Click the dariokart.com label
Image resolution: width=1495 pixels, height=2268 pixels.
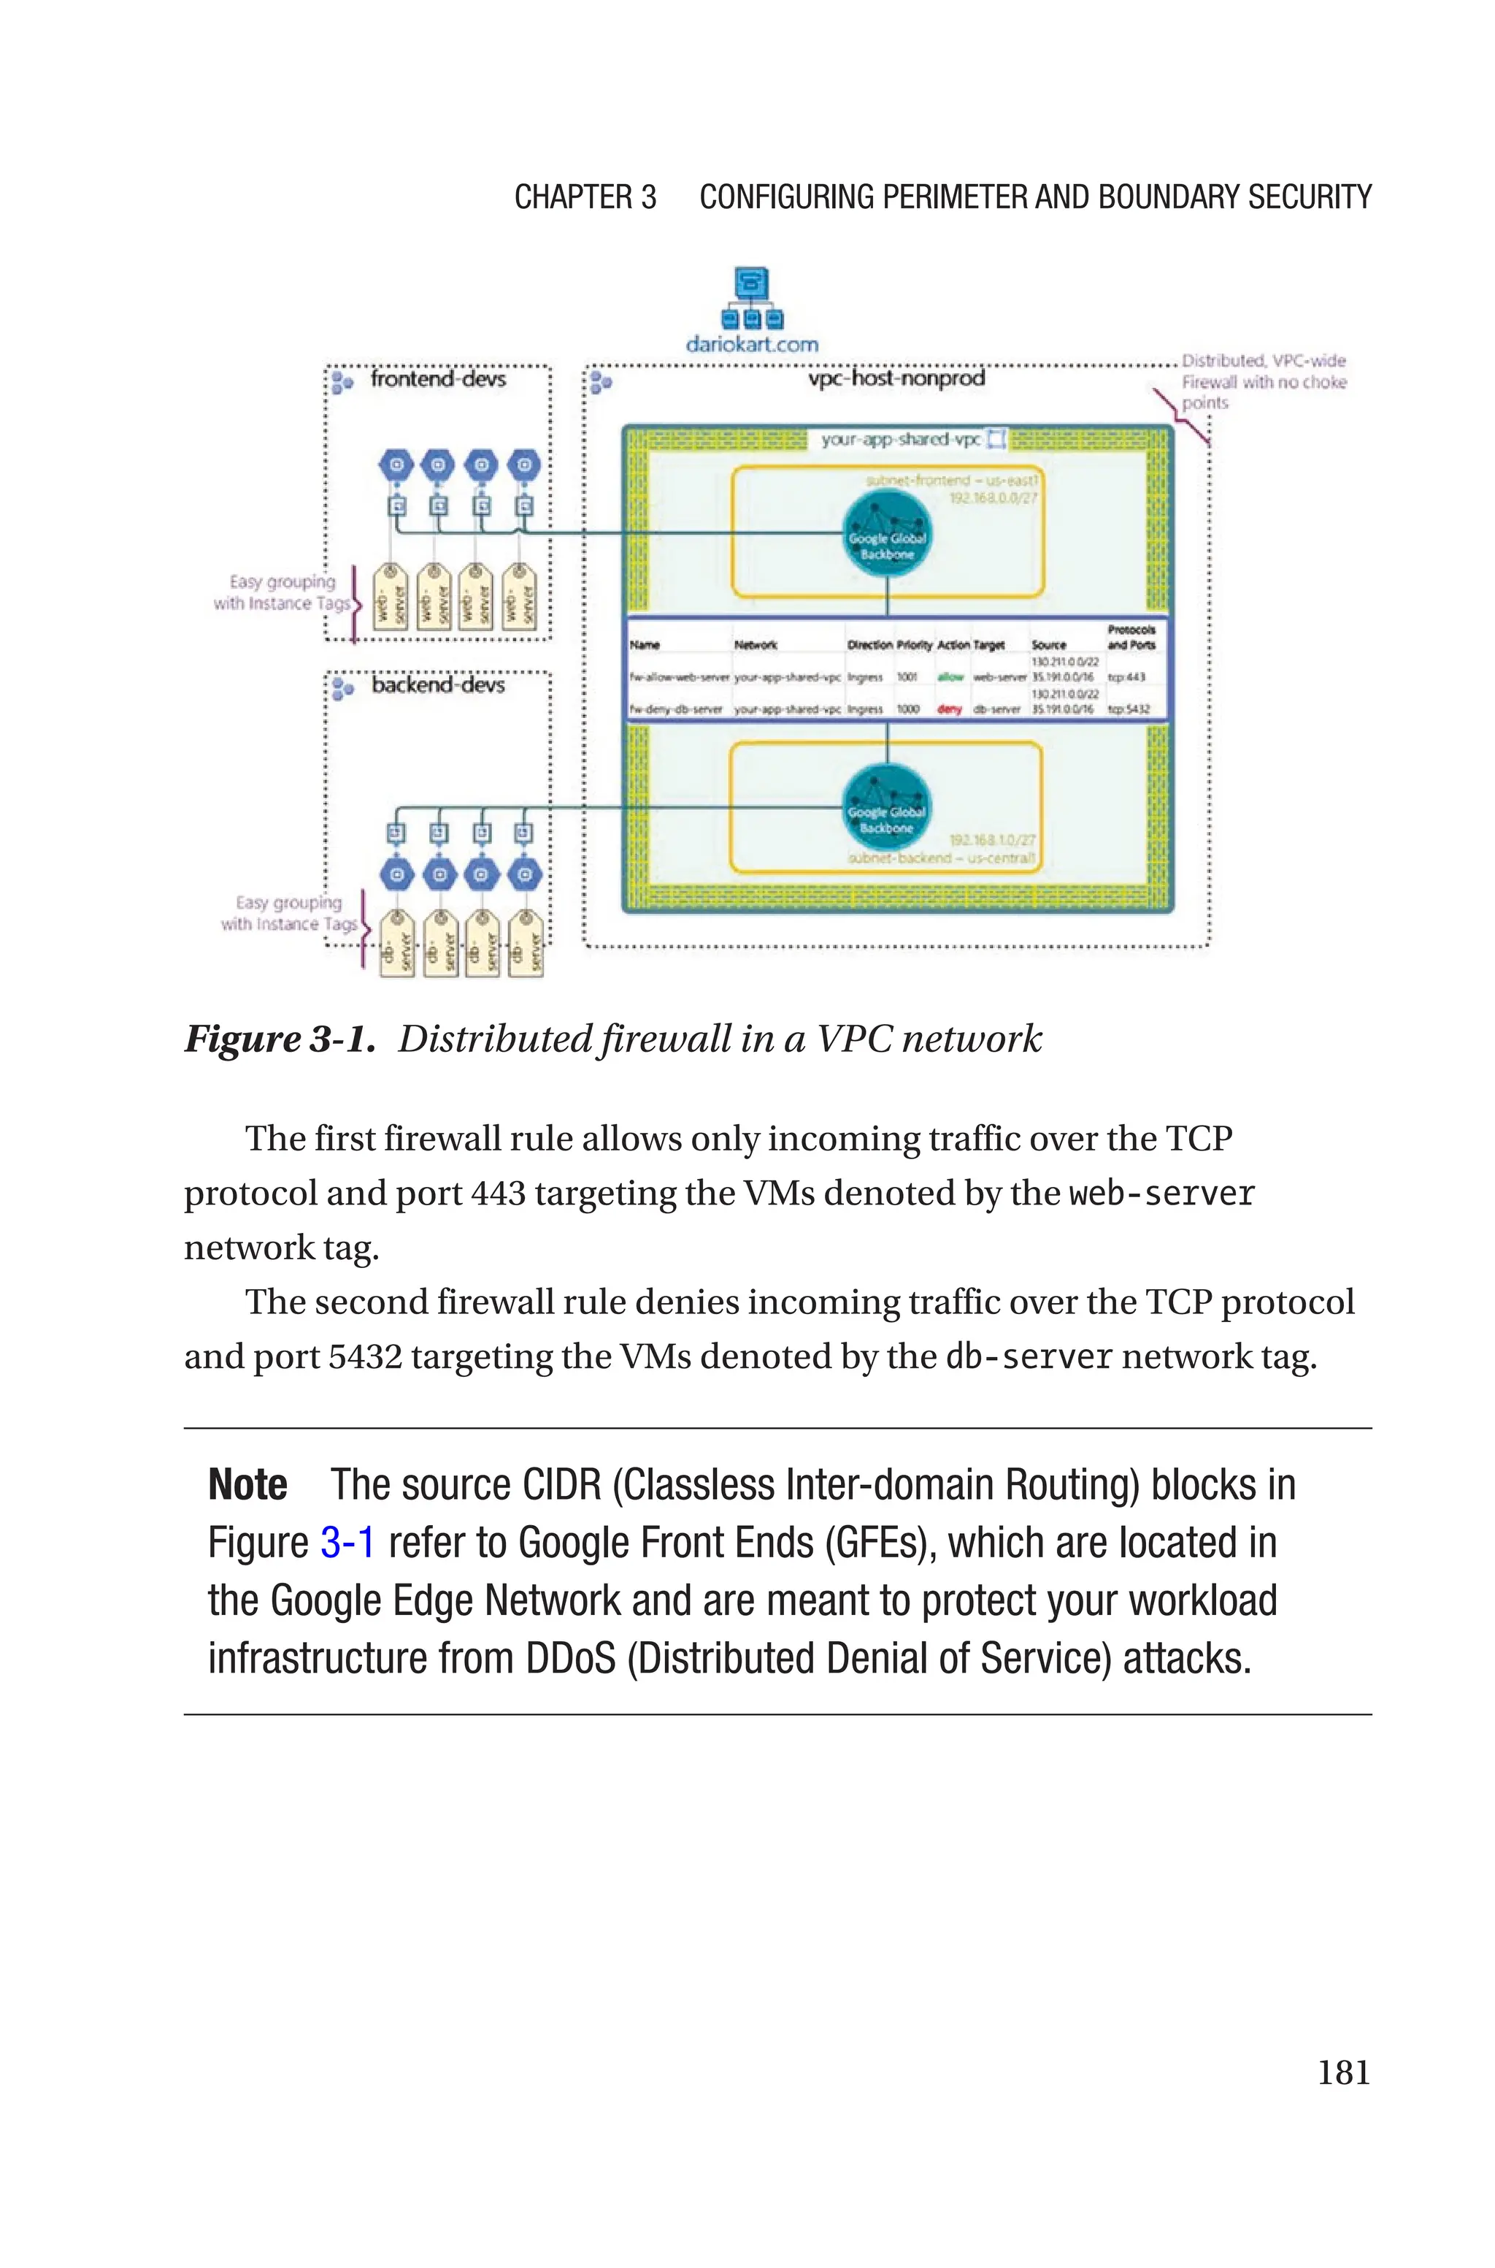[751, 344]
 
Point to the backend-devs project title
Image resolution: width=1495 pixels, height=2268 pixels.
[438, 686]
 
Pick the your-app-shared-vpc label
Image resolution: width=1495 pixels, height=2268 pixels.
[900, 440]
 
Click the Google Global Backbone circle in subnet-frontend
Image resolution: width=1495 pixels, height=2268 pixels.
[887, 540]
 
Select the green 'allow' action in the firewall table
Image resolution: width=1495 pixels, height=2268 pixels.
[950, 677]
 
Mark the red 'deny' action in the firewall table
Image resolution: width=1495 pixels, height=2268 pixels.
[950, 709]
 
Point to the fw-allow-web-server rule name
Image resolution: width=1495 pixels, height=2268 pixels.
[679, 677]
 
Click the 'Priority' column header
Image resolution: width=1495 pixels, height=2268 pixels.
[913, 646]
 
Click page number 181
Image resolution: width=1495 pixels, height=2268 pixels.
[1343, 2072]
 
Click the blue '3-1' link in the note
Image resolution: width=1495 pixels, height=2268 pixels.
[347, 1543]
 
